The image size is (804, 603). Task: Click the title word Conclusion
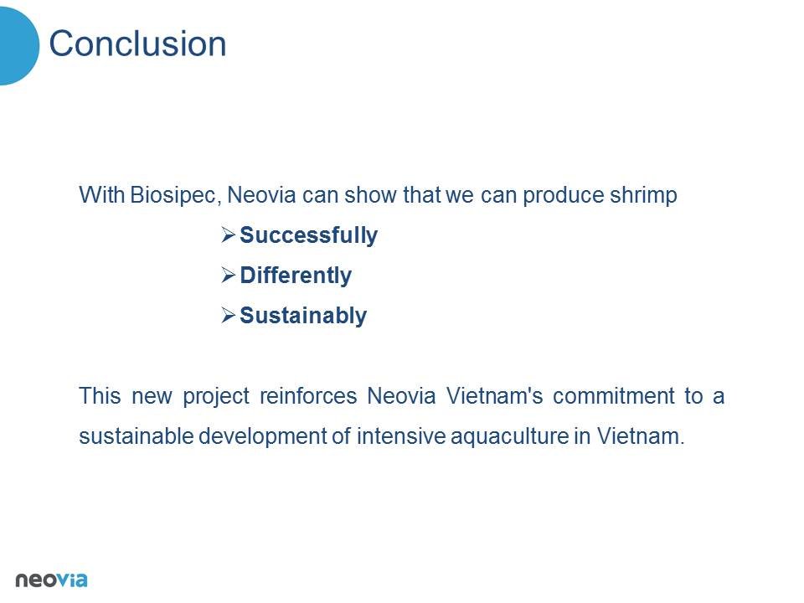click(137, 44)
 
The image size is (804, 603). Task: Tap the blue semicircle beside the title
click(18, 45)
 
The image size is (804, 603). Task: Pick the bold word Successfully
click(309, 236)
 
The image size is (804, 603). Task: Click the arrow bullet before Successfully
click(228, 234)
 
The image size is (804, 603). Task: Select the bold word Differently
click(296, 276)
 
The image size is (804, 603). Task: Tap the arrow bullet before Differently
click(228, 275)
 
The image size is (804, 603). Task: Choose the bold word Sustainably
click(303, 316)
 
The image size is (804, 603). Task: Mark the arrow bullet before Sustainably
click(228, 315)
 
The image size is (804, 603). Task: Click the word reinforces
click(308, 396)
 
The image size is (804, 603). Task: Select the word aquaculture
click(510, 437)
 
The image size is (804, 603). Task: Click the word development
click(262, 437)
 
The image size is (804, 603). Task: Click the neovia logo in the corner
click(51, 580)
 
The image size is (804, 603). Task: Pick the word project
click(216, 397)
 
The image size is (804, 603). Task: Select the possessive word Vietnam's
click(494, 396)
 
